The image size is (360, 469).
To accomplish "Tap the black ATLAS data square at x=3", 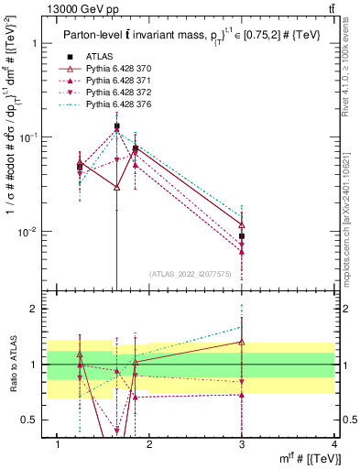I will coord(242,236).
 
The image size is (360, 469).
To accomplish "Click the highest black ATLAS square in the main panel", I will coord(116,126).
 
